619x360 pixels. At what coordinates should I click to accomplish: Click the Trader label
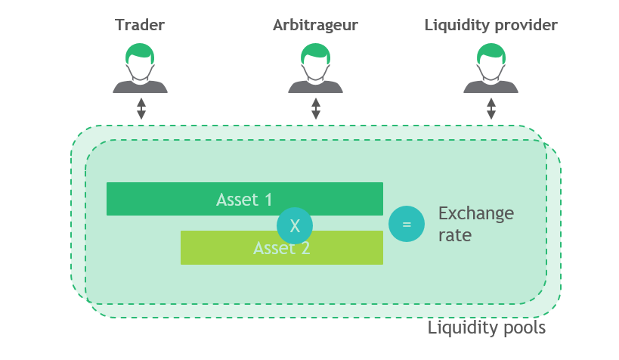click(x=140, y=25)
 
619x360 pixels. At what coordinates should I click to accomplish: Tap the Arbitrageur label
click(x=315, y=25)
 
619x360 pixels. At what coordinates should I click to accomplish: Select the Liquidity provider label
click(x=491, y=25)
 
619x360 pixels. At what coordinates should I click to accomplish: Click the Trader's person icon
click(x=141, y=69)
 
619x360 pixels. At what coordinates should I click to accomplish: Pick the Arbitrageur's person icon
click(x=315, y=69)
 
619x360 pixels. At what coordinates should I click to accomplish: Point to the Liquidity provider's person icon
click(x=491, y=69)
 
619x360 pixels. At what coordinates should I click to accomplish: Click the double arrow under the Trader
click(x=141, y=108)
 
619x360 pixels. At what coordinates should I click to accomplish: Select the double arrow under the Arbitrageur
click(x=316, y=108)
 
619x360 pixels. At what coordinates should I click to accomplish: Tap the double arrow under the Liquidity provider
click(x=491, y=108)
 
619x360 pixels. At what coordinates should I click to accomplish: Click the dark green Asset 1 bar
click(x=189, y=199)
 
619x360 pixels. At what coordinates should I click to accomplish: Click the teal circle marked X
click(x=295, y=225)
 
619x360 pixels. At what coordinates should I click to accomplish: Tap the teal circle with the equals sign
click(x=407, y=225)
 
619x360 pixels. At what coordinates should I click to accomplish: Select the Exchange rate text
click(x=475, y=224)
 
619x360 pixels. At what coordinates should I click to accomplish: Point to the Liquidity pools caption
click(x=486, y=328)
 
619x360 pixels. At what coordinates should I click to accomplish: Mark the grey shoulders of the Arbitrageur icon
click(x=315, y=85)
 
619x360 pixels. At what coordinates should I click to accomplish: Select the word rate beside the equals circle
click(x=455, y=235)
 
